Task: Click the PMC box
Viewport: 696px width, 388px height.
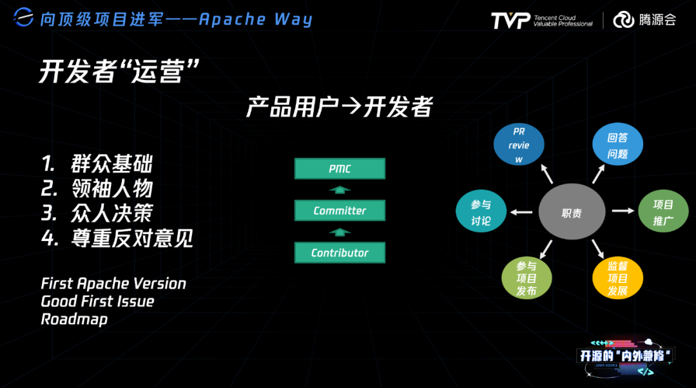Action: tap(340, 169)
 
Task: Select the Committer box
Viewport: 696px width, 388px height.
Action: tap(340, 211)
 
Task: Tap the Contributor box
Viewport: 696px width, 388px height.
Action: tap(340, 253)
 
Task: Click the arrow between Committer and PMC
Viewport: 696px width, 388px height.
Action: tap(340, 190)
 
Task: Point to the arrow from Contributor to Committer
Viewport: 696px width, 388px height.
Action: tap(340, 232)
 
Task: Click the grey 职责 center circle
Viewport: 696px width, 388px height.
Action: tap(572, 213)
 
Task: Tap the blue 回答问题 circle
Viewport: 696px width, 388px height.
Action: tap(618, 146)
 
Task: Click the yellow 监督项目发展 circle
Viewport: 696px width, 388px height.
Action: tap(618, 278)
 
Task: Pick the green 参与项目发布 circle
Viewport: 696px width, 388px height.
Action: tap(527, 278)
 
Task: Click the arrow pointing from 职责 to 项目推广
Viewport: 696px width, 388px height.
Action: tap(623, 211)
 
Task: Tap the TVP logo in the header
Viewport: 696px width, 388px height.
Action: tap(510, 20)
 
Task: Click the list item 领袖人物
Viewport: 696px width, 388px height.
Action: tap(112, 189)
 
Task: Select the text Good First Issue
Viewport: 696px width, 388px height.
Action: tap(98, 301)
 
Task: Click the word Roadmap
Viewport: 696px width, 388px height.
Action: tap(75, 319)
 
